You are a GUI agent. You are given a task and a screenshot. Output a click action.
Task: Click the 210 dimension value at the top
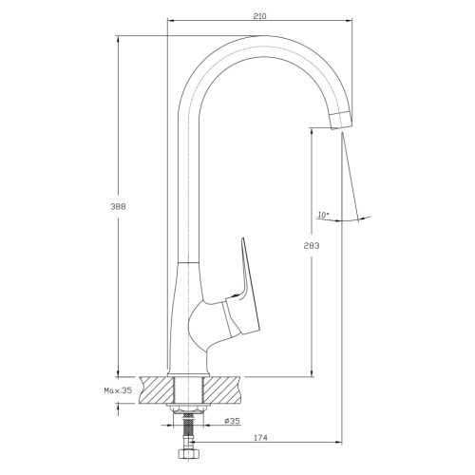259,16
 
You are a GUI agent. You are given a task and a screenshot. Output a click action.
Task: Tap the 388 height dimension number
118,206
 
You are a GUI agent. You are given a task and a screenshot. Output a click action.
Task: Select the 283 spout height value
312,245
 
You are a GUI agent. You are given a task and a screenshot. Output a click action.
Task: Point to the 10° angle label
323,215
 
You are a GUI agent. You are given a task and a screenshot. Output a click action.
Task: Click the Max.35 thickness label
118,390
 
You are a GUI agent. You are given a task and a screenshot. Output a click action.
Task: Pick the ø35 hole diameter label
233,421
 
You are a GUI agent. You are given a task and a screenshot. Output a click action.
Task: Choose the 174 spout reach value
260,438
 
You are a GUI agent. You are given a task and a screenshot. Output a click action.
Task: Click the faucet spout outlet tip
341,120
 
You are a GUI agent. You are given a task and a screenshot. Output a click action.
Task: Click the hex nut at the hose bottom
188,455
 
